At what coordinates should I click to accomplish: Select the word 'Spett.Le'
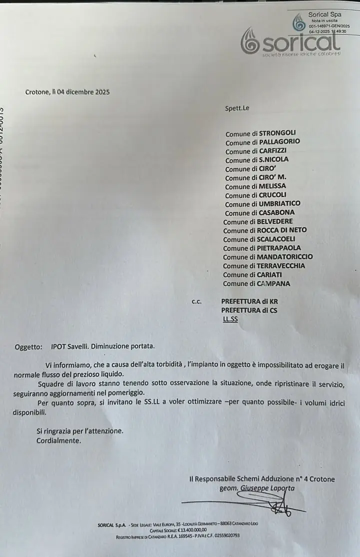[x=237, y=107]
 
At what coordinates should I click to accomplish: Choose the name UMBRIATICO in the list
[x=279, y=204]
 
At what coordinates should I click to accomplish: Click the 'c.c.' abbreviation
[x=196, y=301]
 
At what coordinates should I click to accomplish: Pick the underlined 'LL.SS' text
[x=230, y=319]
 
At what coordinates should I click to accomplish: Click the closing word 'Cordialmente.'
[x=58, y=440]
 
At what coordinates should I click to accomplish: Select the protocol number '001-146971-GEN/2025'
[x=329, y=25]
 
